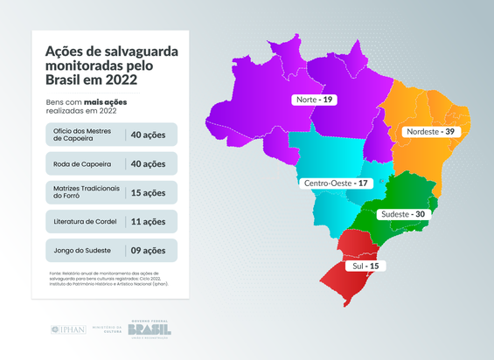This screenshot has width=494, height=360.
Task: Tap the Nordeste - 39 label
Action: coord(428,131)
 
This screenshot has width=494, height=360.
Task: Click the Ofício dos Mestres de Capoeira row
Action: coord(110,135)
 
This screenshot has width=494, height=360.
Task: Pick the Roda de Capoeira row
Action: coord(110,163)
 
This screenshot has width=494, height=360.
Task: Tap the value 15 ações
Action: coord(148,192)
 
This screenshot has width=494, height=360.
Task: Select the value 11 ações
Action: coord(148,221)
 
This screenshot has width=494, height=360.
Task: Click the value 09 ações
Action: coord(148,250)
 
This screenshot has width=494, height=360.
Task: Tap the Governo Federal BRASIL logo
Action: coord(150,329)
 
